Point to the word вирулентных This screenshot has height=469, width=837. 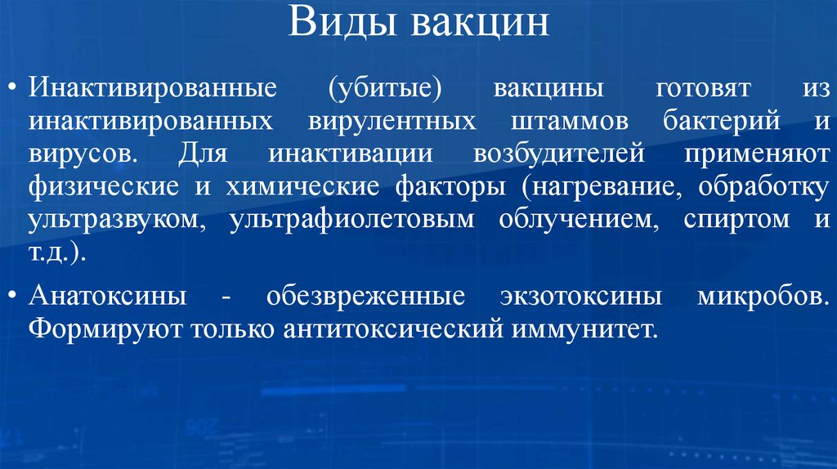[392, 121]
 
